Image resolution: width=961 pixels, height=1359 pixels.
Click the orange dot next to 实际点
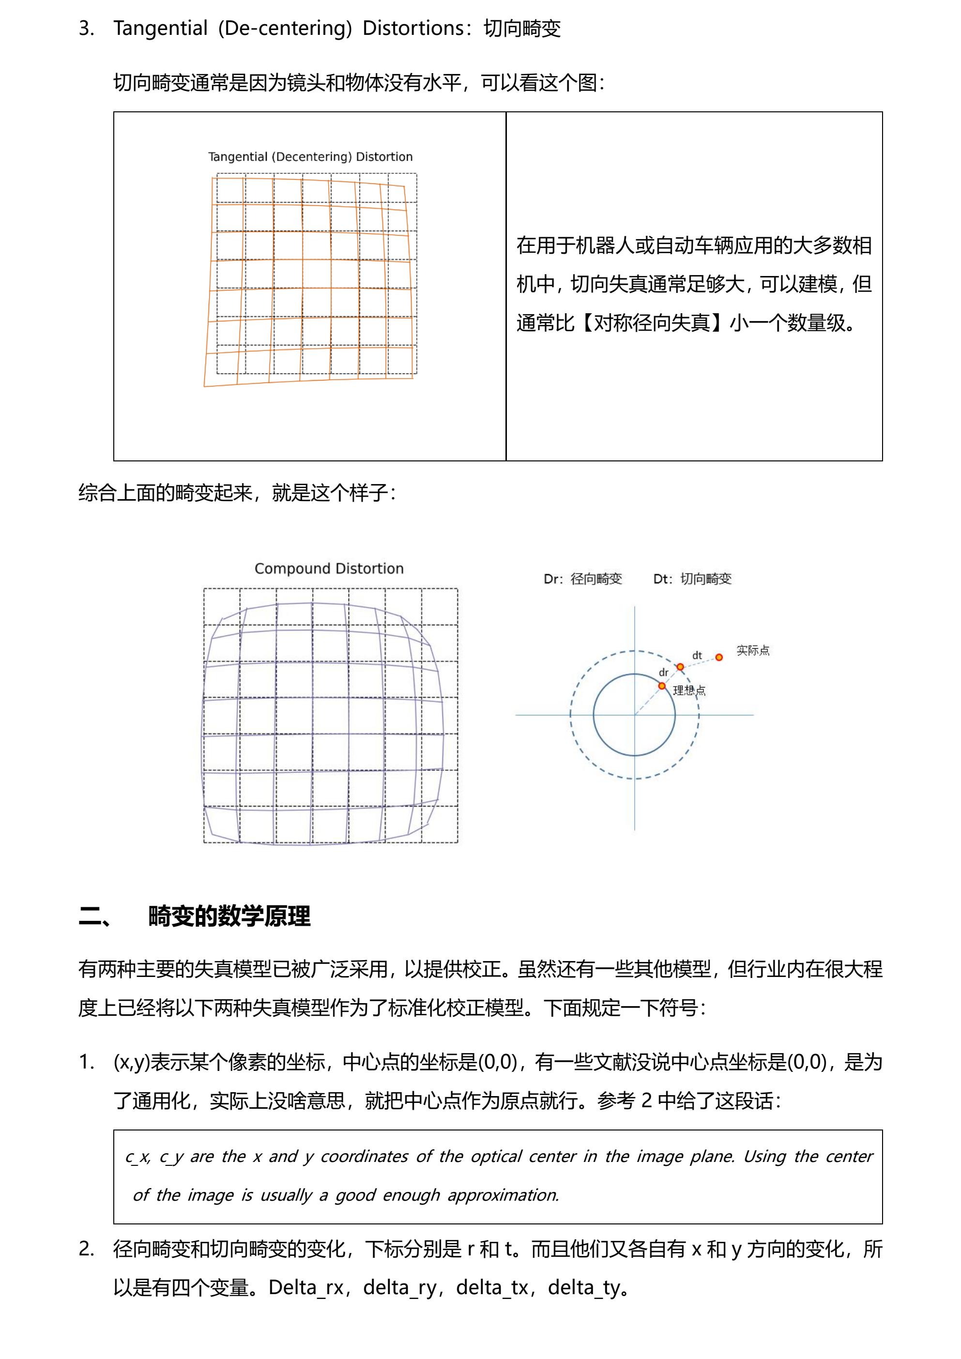click(x=719, y=657)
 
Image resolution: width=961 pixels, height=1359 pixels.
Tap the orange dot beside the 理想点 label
click(x=662, y=686)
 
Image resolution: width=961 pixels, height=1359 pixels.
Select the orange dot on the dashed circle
click(x=681, y=667)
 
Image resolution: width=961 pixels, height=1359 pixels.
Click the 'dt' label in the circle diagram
click(x=697, y=655)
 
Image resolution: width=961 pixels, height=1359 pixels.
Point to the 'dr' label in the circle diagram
click(x=664, y=672)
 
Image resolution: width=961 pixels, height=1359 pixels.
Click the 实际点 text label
click(x=753, y=651)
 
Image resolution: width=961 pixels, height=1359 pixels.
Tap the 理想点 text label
click(x=689, y=690)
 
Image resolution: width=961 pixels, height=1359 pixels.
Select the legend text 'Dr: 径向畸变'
click(x=583, y=579)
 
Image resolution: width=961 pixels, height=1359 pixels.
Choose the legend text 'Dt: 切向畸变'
click(x=692, y=579)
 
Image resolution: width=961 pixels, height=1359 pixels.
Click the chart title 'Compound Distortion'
click(x=329, y=568)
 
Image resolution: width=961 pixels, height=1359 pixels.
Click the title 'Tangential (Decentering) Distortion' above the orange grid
click(x=310, y=157)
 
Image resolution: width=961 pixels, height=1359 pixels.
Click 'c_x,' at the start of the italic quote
click(x=138, y=1156)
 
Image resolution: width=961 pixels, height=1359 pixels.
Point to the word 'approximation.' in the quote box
click(x=503, y=1195)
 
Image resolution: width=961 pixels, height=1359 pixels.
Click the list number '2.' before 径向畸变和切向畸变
click(x=86, y=1249)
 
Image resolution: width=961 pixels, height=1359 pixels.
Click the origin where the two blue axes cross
click(x=634, y=715)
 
